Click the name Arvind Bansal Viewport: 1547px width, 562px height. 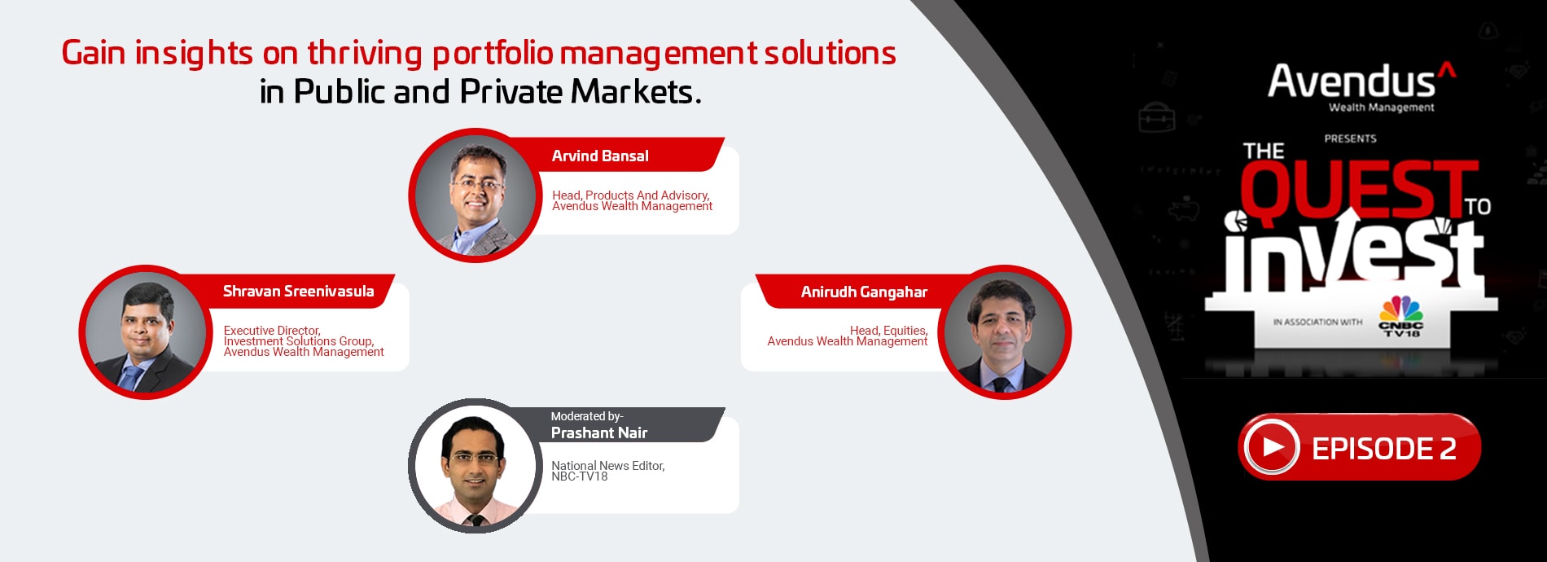point(600,156)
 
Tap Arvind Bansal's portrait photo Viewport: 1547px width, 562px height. point(475,195)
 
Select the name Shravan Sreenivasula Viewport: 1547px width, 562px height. point(299,291)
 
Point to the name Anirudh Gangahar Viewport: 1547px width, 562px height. point(864,292)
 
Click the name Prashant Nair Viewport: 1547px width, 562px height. point(599,432)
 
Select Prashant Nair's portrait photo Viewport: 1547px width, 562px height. point(475,466)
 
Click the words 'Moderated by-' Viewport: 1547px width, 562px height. point(587,416)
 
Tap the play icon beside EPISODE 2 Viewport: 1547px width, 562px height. point(1271,447)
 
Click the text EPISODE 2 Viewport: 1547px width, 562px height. point(1383,449)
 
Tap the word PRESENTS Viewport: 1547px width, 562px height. point(1350,138)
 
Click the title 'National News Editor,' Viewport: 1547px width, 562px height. point(607,465)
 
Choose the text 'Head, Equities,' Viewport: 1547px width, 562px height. point(888,330)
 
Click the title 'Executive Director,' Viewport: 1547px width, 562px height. point(272,330)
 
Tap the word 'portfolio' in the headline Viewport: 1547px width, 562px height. point(492,54)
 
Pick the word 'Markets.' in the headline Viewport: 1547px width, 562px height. point(635,91)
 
